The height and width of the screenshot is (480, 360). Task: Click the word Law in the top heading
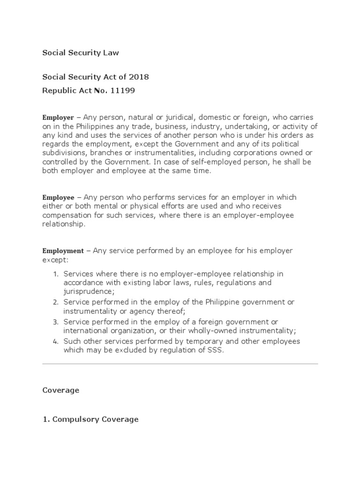coord(111,52)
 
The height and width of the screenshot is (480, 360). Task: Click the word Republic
coord(58,90)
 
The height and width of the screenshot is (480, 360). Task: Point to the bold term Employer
coord(58,118)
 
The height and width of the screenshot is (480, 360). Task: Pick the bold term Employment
coord(63,251)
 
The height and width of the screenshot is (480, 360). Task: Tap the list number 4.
coord(55,342)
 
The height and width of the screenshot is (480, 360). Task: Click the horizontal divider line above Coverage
coord(180,364)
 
